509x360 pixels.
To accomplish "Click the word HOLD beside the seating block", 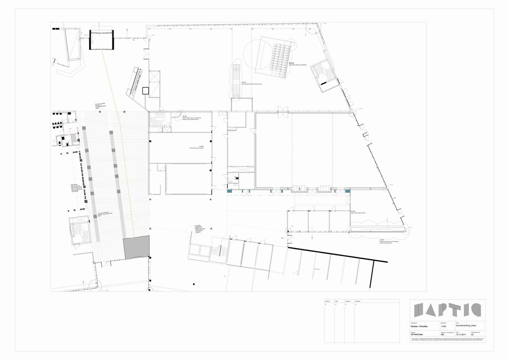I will [x=291, y=63].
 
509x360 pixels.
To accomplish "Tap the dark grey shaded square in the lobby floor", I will [x=136, y=247].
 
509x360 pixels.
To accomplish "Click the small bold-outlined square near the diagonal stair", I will [x=145, y=90].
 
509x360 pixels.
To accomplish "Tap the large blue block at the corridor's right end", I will [x=348, y=191].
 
